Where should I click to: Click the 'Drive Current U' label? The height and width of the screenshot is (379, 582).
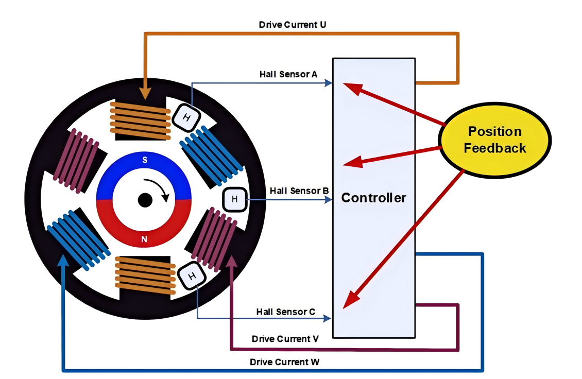pos(292,24)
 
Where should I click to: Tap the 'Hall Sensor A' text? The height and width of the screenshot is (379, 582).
pos(288,74)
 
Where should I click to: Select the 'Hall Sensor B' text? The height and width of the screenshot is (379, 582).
pos(299,191)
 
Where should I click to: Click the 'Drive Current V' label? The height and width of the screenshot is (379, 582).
pos(285,339)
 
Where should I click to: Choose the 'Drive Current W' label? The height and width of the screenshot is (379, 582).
pos(284,362)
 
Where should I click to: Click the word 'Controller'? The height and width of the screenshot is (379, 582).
pos(373,198)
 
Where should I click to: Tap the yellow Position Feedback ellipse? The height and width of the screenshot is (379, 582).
pos(494,140)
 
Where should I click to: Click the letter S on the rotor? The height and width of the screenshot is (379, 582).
pos(145,160)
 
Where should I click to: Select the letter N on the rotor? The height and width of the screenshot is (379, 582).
pos(144,238)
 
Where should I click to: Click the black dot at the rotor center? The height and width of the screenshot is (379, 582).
pos(145,200)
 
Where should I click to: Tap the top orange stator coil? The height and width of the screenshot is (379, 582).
pos(140,120)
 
